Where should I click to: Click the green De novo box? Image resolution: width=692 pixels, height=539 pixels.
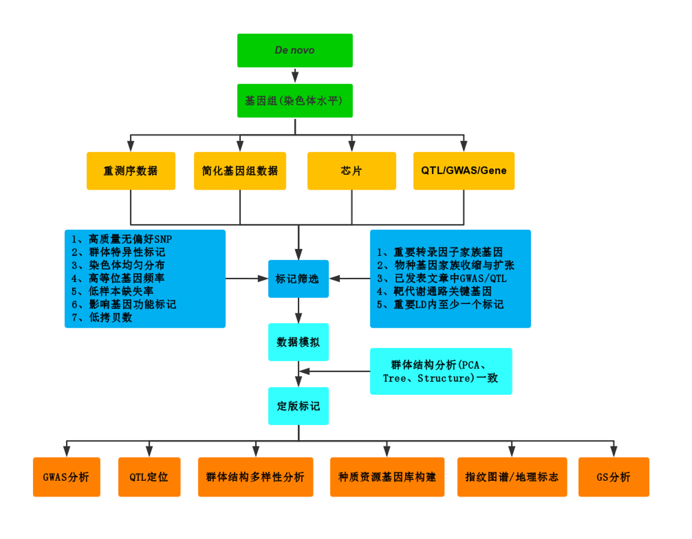point(295,50)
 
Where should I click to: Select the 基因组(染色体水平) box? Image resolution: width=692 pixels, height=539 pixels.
point(295,100)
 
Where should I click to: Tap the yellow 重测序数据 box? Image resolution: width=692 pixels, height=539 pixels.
point(131,171)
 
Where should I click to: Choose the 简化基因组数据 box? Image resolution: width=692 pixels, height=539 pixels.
point(240,171)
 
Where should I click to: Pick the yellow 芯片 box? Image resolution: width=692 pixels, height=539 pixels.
point(351,171)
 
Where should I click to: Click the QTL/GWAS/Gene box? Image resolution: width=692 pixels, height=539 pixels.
point(464,171)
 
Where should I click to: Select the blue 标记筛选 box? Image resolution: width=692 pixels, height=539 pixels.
point(298,279)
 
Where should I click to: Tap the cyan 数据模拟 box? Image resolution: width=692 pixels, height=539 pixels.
point(298,342)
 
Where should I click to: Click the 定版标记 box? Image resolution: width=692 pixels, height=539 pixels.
point(298,406)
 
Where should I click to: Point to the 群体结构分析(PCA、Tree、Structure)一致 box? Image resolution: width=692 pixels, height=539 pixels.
point(441,372)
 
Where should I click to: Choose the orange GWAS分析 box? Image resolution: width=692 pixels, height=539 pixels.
point(66,477)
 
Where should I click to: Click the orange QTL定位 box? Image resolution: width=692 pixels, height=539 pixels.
point(149,477)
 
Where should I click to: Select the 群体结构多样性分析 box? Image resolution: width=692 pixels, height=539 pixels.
point(256,477)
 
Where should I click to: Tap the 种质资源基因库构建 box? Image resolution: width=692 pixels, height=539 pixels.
point(387,477)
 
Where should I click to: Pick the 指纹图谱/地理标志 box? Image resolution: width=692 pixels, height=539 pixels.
point(512,477)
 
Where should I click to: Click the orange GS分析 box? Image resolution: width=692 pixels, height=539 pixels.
point(614,477)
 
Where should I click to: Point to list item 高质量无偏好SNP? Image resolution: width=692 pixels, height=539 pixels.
point(130,239)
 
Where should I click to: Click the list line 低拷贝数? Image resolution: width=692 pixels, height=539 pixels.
point(110,317)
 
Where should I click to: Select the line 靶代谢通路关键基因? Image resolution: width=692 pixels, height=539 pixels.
point(442,292)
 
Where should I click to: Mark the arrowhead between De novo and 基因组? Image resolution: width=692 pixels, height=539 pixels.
point(295,77)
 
